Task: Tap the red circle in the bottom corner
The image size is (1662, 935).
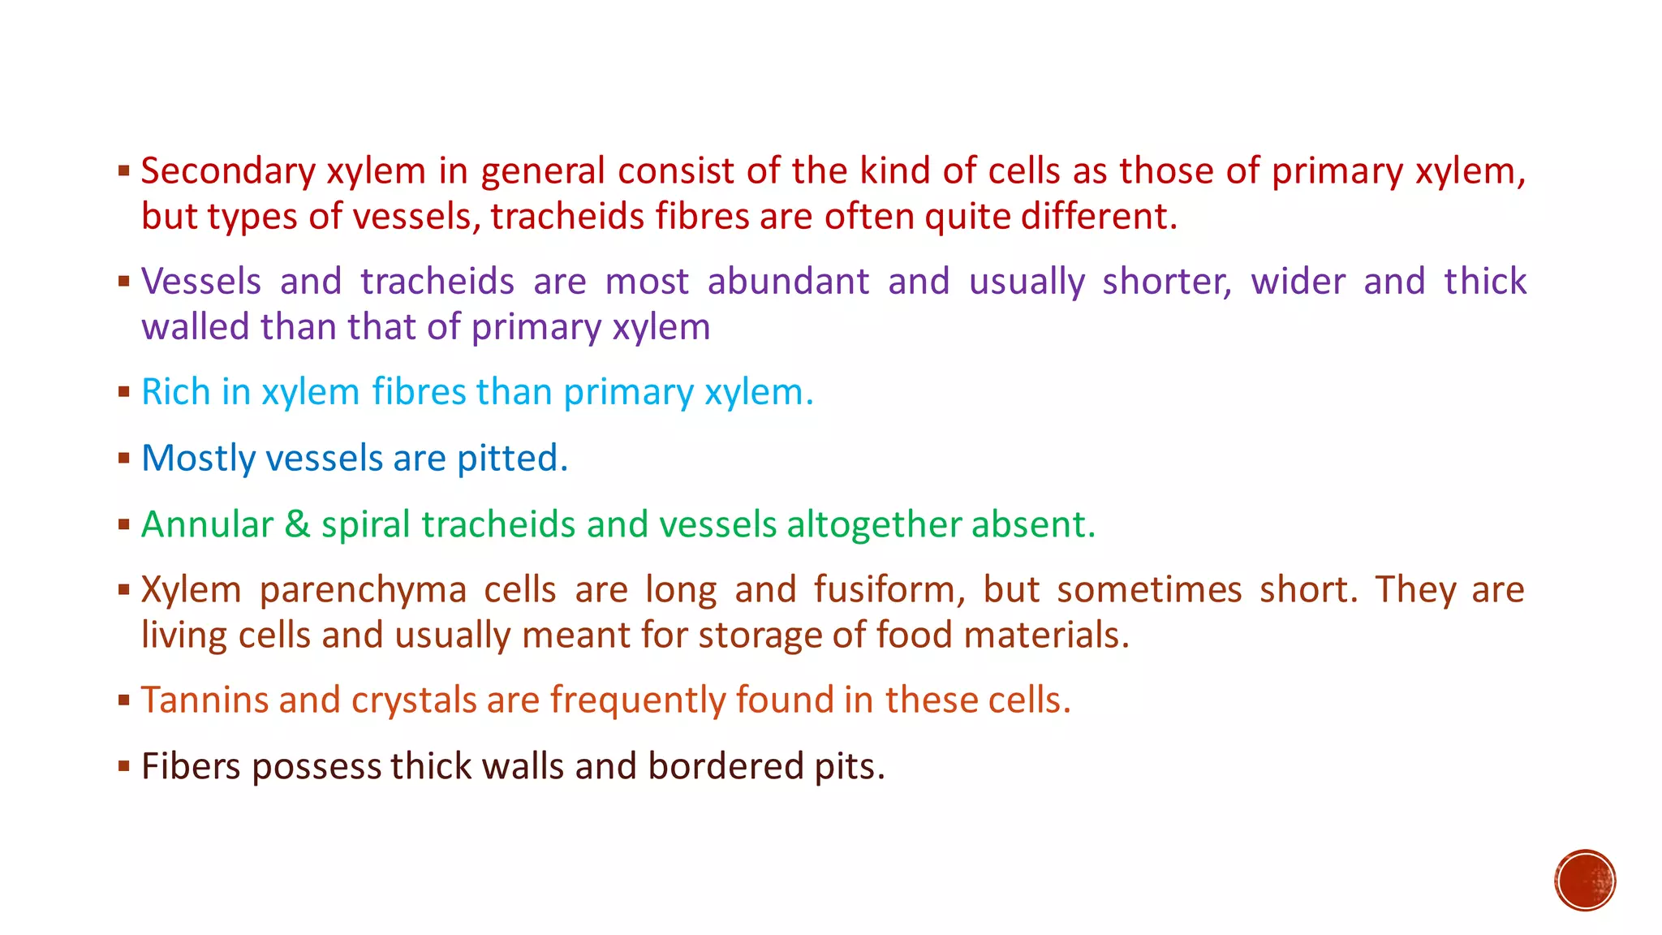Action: pyautogui.click(x=1585, y=881)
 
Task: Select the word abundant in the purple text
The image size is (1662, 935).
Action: pyautogui.click(x=788, y=282)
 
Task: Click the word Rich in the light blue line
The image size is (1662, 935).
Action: pyautogui.click(x=175, y=392)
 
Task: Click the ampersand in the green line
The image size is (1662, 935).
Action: pyautogui.click(x=297, y=524)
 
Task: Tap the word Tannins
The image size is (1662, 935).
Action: pyautogui.click(x=205, y=700)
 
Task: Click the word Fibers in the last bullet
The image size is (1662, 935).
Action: pyautogui.click(x=191, y=766)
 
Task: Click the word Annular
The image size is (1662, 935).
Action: pyautogui.click(x=207, y=524)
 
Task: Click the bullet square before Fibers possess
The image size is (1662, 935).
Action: pyautogui.click(x=123, y=765)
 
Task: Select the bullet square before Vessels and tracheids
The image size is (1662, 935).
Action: pyautogui.click(x=123, y=282)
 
